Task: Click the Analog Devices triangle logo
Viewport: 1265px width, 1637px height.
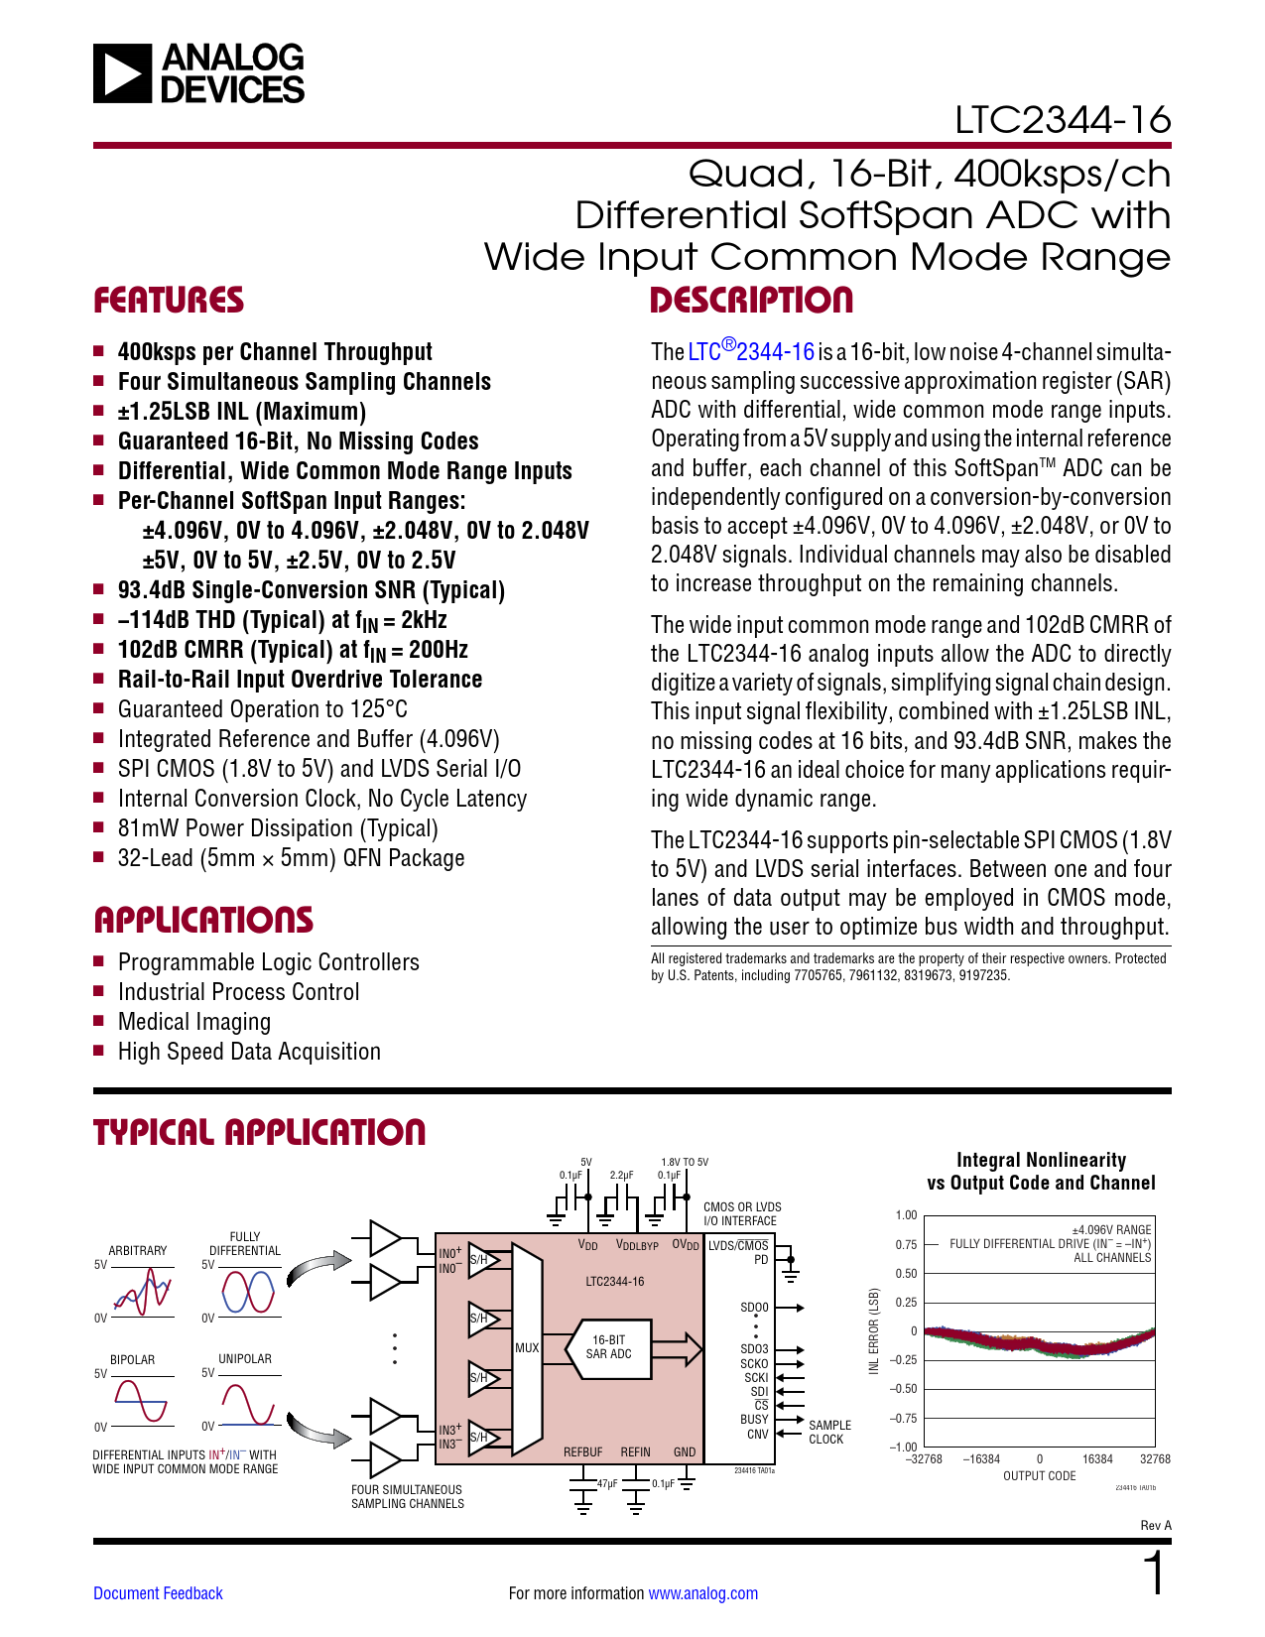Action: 123,73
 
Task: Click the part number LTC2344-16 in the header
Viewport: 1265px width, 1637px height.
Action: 1063,120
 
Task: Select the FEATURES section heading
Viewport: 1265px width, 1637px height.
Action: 169,300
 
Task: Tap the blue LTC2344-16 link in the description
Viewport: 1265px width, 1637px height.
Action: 752,351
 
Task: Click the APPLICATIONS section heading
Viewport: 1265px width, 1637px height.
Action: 203,920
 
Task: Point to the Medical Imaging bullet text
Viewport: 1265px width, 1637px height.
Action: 194,1022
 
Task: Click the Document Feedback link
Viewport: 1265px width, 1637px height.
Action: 158,1593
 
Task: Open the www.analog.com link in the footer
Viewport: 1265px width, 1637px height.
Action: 702,1593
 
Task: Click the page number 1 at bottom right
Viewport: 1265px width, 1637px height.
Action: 1154,1574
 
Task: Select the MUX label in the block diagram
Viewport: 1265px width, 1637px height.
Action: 527,1348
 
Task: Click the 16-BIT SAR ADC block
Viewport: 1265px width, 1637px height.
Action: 608,1347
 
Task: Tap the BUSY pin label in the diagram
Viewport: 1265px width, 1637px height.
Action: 754,1420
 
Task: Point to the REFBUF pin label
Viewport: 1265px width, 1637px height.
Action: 582,1452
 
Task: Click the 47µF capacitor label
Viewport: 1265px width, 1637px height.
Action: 607,1484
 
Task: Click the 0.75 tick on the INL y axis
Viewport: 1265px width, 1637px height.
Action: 906,1244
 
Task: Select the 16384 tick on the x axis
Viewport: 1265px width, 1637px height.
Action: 1097,1459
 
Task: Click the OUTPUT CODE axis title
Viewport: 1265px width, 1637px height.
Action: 1039,1476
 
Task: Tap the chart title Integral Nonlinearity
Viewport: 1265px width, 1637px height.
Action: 1041,1160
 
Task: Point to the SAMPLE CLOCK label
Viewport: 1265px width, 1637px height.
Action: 828,1433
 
